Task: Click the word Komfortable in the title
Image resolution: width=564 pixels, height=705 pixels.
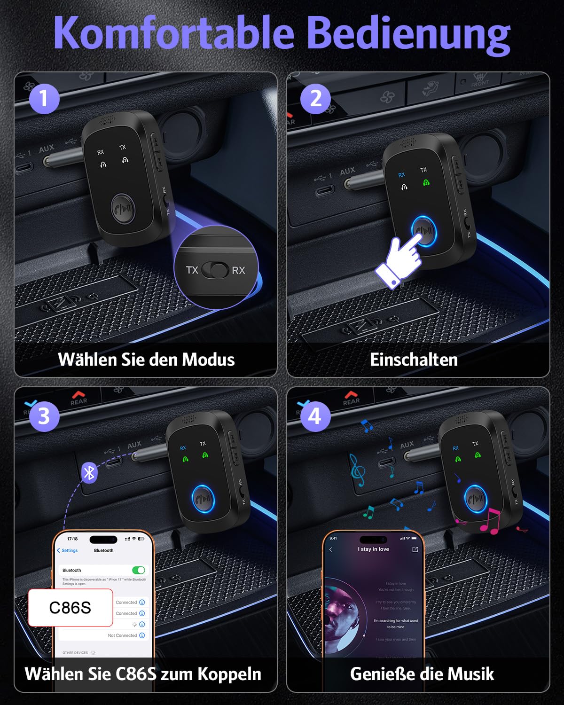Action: click(x=174, y=33)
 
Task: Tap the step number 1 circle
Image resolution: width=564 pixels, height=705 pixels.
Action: click(x=44, y=99)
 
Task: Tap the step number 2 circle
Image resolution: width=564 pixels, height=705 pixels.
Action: click(x=316, y=99)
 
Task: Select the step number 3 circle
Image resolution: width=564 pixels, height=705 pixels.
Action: click(x=44, y=416)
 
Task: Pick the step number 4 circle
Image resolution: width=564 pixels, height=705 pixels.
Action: click(x=315, y=416)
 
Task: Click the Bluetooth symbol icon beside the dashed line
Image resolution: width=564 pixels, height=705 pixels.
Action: click(x=89, y=472)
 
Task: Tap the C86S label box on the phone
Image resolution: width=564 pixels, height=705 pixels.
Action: click(x=70, y=608)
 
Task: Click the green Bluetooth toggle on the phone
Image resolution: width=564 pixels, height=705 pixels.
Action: click(x=139, y=570)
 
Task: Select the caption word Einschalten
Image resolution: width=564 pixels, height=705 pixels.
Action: click(x=414, y=360)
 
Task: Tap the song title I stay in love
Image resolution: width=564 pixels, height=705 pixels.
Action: click(x=373, y=549)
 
